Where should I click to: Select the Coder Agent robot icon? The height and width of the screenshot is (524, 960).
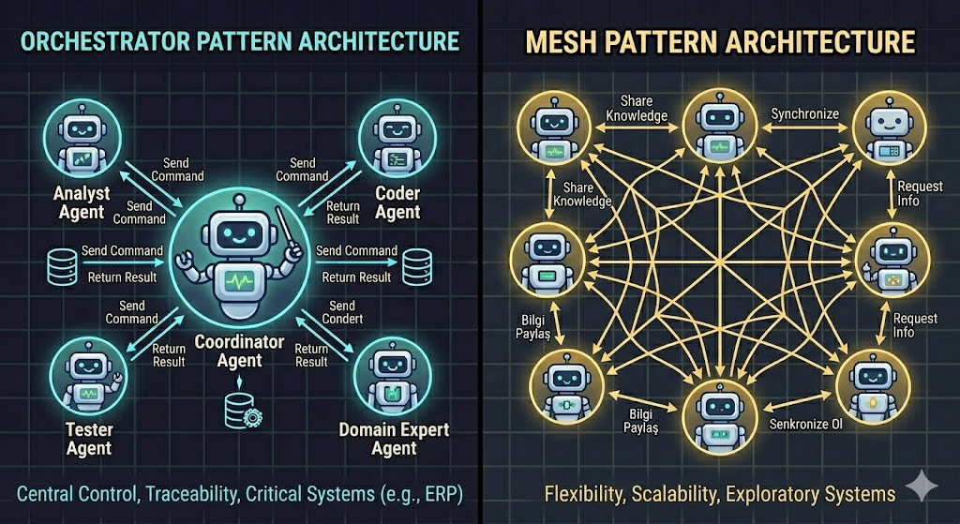pyautogui.click(x=394, y=136)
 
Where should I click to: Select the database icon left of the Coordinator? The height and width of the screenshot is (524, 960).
pyautogui.click(x=60, y=264)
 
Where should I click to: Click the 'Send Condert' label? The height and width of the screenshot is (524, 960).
pyautogui.click(x=342, y=312)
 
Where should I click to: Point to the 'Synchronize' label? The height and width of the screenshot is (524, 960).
pyautogui.click(x=802, y=114)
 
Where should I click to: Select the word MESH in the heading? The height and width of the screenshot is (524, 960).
pyautogui.click(x=570, y=41)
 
